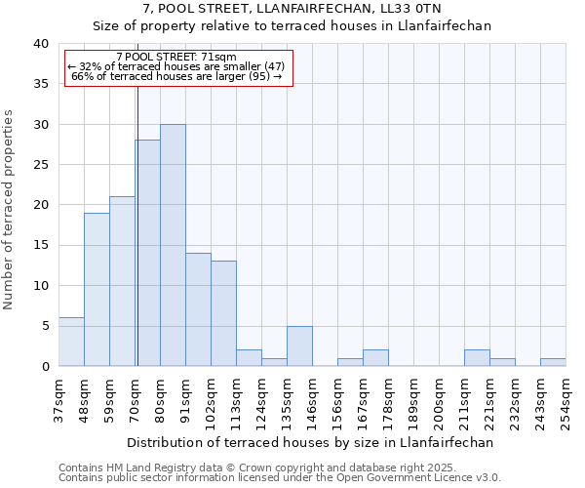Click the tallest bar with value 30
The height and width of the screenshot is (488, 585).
tap(173, 245)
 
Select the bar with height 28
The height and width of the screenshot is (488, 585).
tap(147, 253)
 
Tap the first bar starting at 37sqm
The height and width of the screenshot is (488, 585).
tap(71, 342)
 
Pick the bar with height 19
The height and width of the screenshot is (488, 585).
tap(97, 289)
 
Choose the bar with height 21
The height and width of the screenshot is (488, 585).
tap(122, 281)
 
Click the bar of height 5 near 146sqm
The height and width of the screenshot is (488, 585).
tap(299, 346)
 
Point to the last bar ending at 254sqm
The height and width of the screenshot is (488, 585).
tap(553, 362)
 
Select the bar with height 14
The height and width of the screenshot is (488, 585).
tap(198, 309)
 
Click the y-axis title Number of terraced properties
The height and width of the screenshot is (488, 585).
tap(10, 209)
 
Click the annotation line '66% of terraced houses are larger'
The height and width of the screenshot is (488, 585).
tap(176, 76)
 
